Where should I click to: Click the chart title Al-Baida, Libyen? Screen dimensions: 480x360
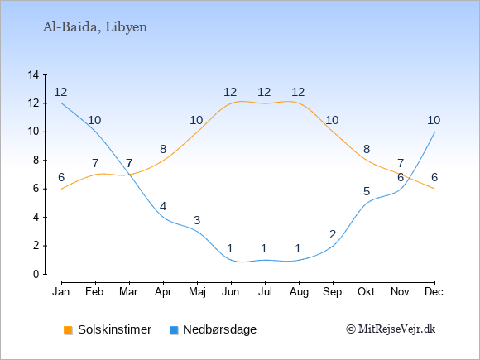pos(95,27)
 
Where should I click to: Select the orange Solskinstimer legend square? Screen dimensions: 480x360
pos(68,330)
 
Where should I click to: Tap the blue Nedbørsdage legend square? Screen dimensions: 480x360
pos(174,330)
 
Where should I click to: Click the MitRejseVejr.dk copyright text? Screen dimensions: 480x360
pos(391,329)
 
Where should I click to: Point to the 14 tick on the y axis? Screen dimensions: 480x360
pos(33,74)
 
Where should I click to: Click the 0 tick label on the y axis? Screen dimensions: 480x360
pos(36,274)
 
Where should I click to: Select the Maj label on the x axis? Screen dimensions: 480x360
pos(197,292)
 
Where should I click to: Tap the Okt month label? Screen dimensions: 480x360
pos(366,292)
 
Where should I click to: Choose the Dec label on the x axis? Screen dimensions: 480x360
pos(434,292)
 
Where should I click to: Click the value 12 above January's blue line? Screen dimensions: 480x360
pos(60,92)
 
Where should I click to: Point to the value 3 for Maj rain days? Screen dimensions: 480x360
pos(197,220)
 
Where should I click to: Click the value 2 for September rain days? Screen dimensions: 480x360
pos(333,234)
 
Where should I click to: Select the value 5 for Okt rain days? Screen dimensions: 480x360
pos(367,192)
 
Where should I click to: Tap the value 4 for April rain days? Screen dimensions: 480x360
pos(163,206)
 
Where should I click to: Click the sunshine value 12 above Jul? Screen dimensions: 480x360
pos(264,92)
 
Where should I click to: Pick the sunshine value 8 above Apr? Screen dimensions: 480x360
pos(163,150)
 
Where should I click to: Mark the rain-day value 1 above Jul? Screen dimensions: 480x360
pos(264,248)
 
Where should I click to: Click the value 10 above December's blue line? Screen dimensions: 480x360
pos(434,120)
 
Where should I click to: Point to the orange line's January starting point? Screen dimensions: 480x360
pos(62,189)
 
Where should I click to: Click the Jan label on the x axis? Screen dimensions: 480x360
pos(61,292)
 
